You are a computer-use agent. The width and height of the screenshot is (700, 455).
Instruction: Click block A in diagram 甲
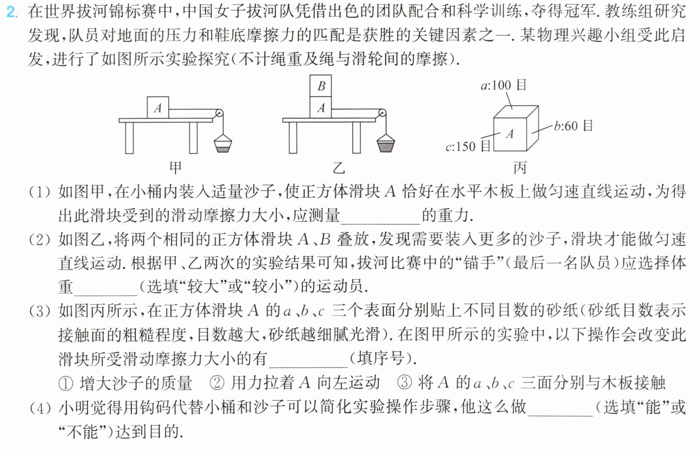(158, 108)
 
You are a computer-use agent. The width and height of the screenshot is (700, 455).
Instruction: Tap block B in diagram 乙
(321, 86)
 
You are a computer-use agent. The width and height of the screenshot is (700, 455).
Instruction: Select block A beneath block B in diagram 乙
(321, 108)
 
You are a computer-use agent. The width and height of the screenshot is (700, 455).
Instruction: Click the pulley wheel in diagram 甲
(219, 113)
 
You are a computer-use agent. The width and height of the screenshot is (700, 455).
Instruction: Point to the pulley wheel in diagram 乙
(382, 113)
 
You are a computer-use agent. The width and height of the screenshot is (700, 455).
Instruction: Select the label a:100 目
(503, 85)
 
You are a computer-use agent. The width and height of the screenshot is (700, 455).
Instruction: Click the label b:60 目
(573, 126)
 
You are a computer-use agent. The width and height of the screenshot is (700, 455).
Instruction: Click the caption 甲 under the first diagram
(176, 168)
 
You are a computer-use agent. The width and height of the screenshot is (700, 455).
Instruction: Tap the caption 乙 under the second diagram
(339, 168)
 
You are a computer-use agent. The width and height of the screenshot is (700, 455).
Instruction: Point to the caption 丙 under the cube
(520, 168)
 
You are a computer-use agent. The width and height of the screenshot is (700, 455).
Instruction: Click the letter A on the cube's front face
(510, 134)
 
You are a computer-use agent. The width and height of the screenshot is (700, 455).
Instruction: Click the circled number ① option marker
(66, 383)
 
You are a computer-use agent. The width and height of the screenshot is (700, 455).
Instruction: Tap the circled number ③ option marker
(404, 383)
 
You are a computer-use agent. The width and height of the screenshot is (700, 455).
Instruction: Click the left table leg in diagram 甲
(130, 138)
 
